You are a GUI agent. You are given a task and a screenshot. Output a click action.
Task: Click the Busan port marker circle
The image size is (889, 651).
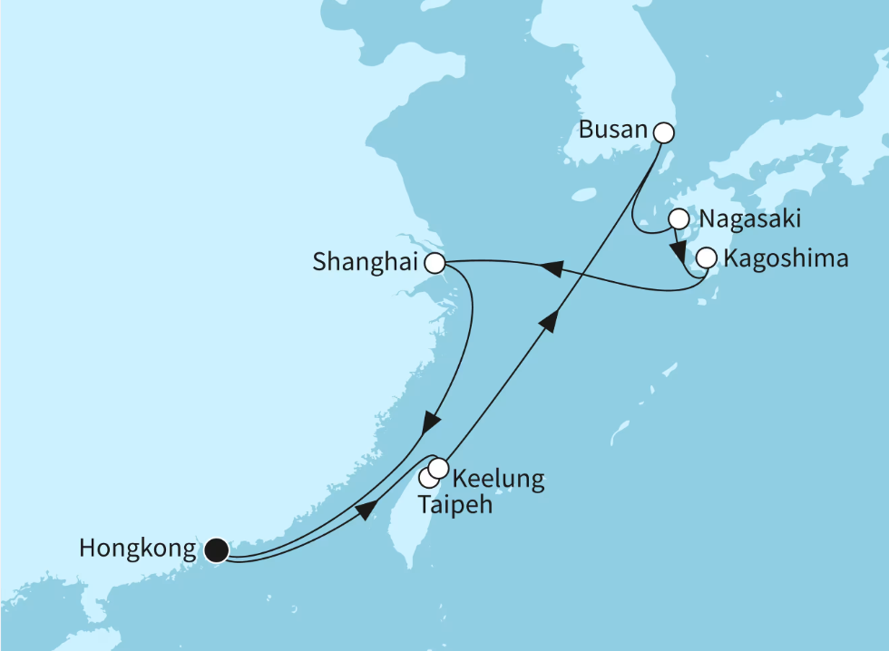(x=663, y=133)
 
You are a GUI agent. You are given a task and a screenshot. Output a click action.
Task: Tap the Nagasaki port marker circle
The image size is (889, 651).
(x=679, y=219)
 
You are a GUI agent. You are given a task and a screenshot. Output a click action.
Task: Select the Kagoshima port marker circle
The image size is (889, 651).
(x=706, y=258)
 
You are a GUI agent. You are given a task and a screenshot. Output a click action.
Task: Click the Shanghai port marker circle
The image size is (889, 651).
(x=435, y=264)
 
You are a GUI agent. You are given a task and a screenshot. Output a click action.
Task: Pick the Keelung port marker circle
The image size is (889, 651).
(x=438, y=468)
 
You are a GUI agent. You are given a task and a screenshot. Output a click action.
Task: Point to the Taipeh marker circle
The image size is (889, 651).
(x=428, y=478)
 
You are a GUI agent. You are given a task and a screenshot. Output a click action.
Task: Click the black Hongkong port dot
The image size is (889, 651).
(x=215, y=549)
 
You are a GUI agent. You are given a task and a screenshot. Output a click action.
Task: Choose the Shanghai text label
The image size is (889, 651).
(x=366, y=264)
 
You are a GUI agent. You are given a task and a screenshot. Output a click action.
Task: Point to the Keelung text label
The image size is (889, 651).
(x=498, y=479)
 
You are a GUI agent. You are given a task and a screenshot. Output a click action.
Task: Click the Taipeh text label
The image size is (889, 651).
(x=454, y=505)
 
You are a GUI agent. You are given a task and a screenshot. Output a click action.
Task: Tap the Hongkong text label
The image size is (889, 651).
(x=138, y=549)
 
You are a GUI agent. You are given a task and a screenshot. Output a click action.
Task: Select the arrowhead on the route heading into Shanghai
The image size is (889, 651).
(x=550, y=269)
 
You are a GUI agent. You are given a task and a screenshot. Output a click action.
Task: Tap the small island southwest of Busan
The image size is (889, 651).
(x=585, y=193)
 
